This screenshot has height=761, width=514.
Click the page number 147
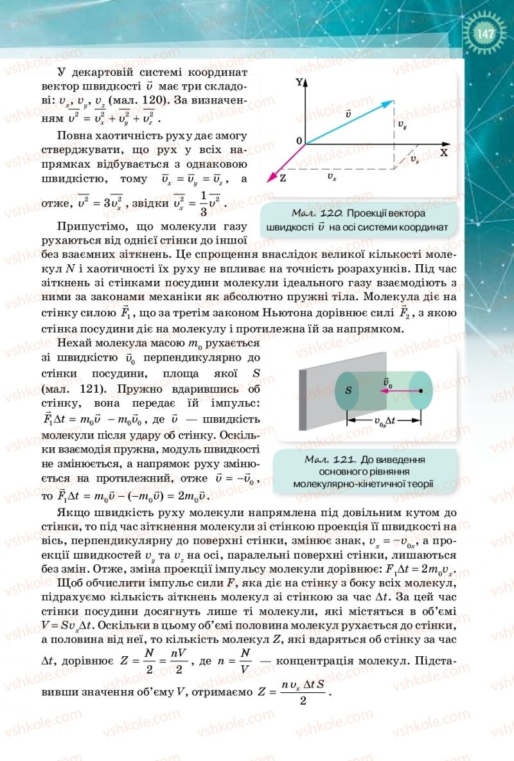coord(486,33)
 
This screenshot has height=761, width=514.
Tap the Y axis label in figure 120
coord(298,83)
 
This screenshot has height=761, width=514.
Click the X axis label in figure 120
coord(443,153)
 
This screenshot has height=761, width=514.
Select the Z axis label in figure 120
coord(283,178)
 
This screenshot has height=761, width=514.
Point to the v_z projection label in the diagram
coord(415,158)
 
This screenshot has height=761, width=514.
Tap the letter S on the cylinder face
coord(348,390)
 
